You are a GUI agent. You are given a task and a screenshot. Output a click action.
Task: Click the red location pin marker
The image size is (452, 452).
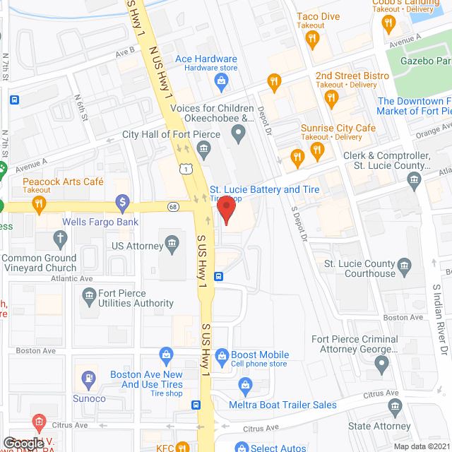pyautogui.click(x=226, y=210)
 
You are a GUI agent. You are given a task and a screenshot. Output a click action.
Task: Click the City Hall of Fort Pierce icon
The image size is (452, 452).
pyautogui.click(x=204, y=148)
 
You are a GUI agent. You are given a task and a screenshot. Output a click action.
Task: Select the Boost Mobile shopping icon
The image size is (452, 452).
pyautogui.click(x=222, y=355)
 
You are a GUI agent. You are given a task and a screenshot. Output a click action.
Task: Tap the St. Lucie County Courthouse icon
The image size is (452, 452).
pyautogui.click(x=404, y=266)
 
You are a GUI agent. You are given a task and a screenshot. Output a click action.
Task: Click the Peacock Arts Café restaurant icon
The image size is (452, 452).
pyautogui.click(x=39, y=204)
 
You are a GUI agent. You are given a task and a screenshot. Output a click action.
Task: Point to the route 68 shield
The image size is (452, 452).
pyautogui.click(x=173, y=207)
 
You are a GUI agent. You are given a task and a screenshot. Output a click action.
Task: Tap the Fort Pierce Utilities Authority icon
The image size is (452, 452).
pyautogui.click(x=88, y=297)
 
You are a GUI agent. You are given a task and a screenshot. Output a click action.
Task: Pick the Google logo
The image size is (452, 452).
pyautogui.click(x=23, y=444)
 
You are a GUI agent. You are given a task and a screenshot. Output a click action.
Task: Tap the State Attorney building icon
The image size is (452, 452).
pyautogui.click(x=394, y=406)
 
